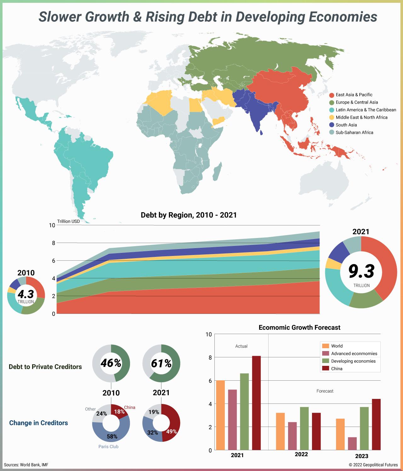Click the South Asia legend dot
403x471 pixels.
click(x=331, y=125)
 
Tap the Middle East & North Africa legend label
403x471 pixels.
click(x=361, y=117)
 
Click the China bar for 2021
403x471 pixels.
click(x=256, y=403)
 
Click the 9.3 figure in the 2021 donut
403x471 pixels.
click(x=361, y=272)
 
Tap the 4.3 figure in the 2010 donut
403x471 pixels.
click(x=26, y=294)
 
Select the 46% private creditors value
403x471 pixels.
click(x=111, y=363)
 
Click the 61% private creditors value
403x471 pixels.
click(x=161, y=364)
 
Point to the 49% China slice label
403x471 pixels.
click(x=172, y=431)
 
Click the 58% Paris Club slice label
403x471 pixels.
click(x=112, y=436)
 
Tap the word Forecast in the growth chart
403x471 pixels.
click(x=325, y=391)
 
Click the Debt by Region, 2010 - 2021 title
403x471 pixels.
click(x=189, y=215)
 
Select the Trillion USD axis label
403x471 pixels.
click(x=68, y=221)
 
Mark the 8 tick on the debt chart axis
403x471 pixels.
click(x=53, y=243)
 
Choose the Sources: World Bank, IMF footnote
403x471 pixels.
click(x=26, y=465)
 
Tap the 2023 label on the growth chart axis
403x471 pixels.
click(x=361, y=456)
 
